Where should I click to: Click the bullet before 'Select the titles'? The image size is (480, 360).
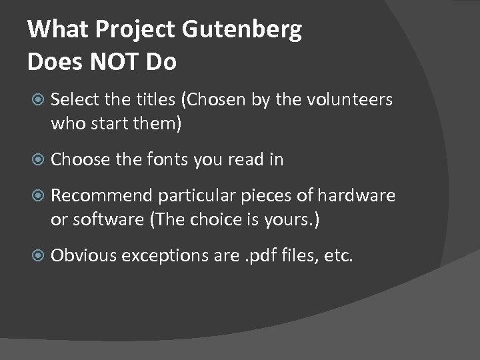point(37,100)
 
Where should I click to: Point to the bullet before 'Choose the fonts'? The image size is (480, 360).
point(37,159)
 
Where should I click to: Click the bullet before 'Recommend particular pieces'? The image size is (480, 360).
point(37,195)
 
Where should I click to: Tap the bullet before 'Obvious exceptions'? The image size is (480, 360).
point(37,255)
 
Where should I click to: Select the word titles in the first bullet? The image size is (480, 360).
point(157,100)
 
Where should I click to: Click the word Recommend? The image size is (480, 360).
point(102,195)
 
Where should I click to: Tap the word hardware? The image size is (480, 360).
point(356,195)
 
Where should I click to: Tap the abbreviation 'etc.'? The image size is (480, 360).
point(337,255)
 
